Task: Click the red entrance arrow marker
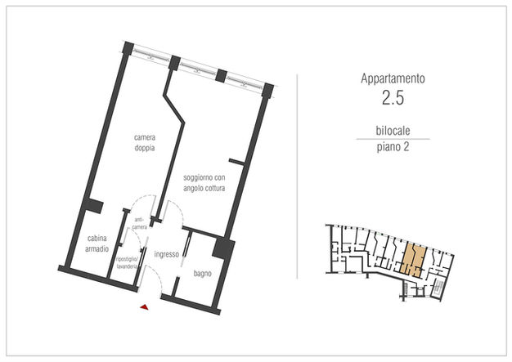pos(145,307)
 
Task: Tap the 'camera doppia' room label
pos(145,142)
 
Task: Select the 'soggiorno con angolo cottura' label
pos(204,183)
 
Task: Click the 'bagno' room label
pos(203,274)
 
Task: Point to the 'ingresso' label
pos(167,254)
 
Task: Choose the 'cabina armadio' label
pos(97,244)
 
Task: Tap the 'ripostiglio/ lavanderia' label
pos(127,263)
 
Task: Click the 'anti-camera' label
pos(140,224)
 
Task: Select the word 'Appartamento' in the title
pos(393,78)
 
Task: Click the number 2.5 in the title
pos(393,97)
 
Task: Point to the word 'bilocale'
pos(393,131)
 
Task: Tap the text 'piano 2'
pos(393,147)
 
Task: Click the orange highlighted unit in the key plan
pos(414,259)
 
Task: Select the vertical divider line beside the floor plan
pos(297,177)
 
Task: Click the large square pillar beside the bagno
pos(223,249)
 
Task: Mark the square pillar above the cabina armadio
pos(93,205)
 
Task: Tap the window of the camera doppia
pos(150,56)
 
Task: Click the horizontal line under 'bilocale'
pos(393,139)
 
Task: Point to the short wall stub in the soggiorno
pos(237,161)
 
